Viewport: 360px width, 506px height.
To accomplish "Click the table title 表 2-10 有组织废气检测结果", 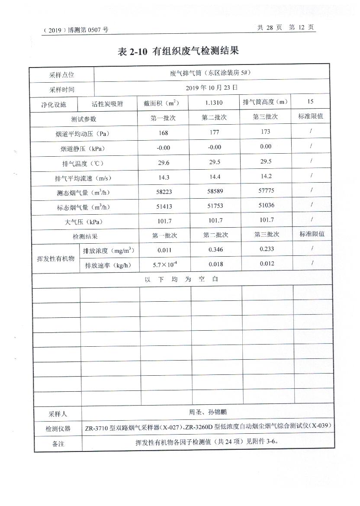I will click(x=178, y=51).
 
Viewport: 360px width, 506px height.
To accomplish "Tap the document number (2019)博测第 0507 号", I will click(x=76, y=30).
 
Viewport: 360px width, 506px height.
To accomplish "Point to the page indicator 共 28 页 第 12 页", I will click(x=286, y=27).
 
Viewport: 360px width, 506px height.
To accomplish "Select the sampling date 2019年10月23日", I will click(x=212, y=87).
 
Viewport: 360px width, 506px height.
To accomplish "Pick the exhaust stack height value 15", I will click(x=310, y=102).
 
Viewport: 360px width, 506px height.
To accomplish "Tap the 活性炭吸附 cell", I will click(x=107, y=104).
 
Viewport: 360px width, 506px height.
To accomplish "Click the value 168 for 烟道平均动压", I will click(x=164, y=133).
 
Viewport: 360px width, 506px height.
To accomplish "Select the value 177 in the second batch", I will click(x=215, y=132).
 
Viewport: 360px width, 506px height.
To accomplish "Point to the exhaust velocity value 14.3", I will click(x=164, y=177).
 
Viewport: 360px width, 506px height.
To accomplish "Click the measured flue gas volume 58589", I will click(x=215, y=192).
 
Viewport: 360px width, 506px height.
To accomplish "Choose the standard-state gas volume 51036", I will click(x=266, y=205).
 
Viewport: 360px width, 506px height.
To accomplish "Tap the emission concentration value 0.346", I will click(x=215, y=249).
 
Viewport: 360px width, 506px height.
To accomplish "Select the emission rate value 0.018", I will click(x=215, y=264).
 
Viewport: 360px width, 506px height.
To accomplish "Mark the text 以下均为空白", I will click(x=182, y=279).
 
